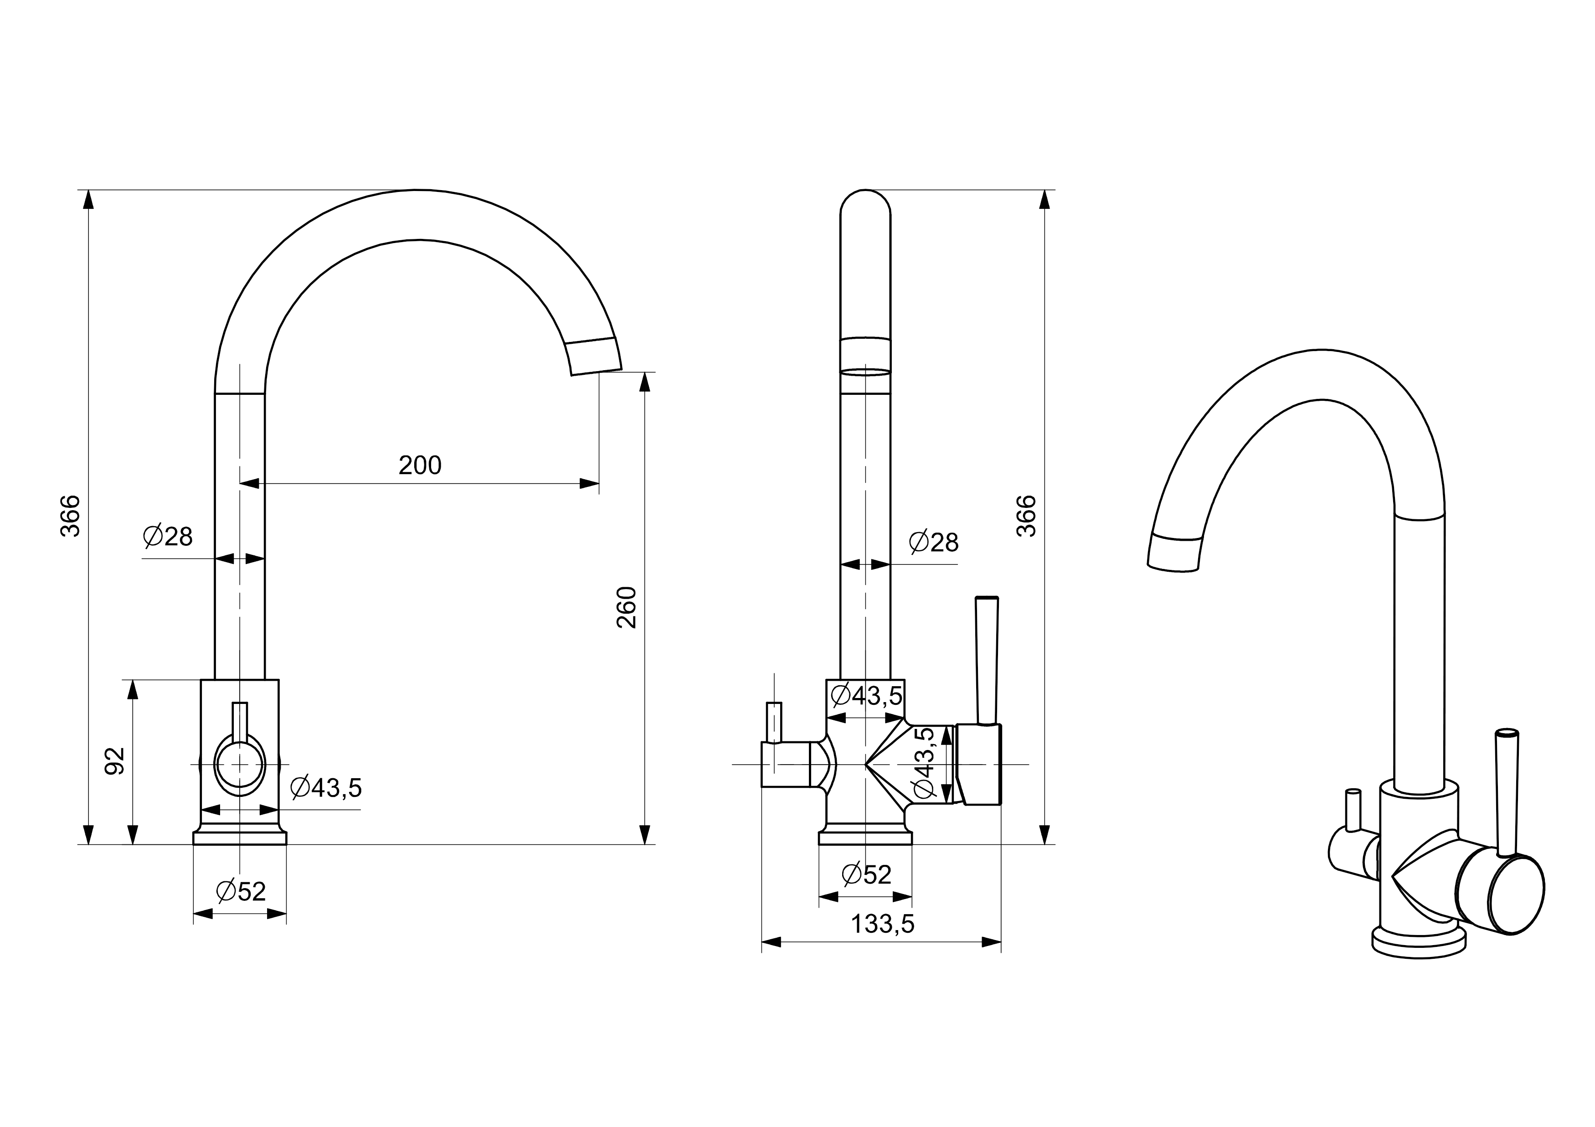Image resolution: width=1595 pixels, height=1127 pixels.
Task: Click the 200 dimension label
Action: pos(420,465)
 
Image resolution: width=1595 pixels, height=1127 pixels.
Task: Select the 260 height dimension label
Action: pos(627,607)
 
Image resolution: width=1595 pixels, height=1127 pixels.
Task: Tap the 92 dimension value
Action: pos(114,761)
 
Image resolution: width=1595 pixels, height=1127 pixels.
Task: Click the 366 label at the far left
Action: pos(70,516)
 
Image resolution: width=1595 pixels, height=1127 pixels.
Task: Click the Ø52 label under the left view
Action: pos(240,891)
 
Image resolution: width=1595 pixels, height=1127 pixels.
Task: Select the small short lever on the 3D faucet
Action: pos(1353,810)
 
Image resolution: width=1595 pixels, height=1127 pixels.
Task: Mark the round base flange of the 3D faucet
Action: pos(1419,942)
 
